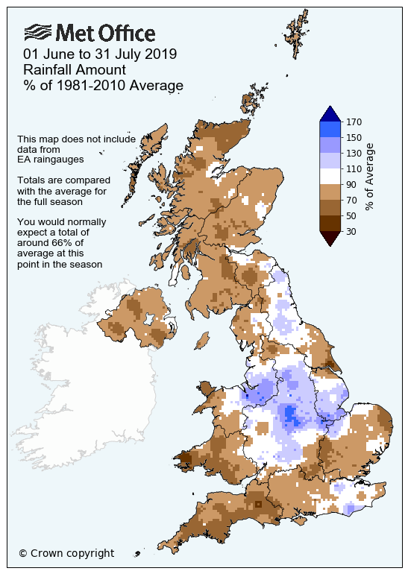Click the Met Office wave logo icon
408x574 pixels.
click(38, 32)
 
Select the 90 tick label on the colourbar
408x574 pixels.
click(353, 184)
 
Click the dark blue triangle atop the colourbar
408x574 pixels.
click(330, 113)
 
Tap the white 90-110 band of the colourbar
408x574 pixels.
click(330, 176)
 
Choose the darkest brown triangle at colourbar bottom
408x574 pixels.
click(330, 238)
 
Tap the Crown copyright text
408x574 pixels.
click(66, 553)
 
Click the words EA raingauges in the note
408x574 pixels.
click(50, 159)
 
